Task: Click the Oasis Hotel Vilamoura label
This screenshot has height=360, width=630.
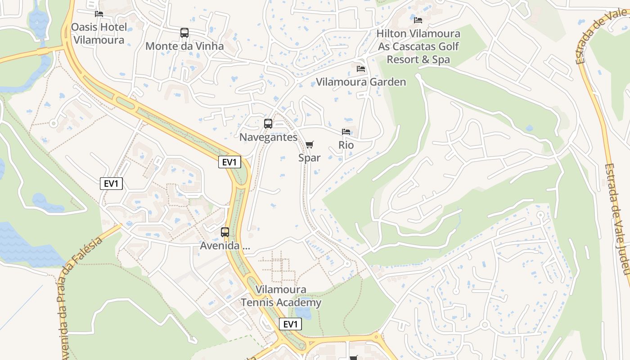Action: click(99, 33)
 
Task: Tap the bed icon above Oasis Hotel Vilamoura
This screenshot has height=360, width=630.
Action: click(99, 14)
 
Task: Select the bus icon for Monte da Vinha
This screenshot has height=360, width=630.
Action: click(184, 32)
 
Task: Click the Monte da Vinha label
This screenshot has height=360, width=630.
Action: click(184, 46)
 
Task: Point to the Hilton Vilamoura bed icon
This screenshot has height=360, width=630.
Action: click(418, 20)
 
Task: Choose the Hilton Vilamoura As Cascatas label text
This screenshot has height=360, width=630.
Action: click(418, 46)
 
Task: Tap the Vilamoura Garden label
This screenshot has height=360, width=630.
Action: click(361, 82)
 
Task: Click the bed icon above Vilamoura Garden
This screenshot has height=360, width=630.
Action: click(361, 69)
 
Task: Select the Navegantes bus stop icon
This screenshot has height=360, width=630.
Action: click(268, 124)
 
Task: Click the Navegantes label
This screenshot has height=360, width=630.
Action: click(268, 137)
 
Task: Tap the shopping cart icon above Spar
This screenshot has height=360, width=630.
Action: click(309, 144)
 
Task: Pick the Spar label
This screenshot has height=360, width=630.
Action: click(310, 157)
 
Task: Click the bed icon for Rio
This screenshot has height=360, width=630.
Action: click(346, 132)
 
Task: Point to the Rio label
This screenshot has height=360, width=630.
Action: click(346, 145)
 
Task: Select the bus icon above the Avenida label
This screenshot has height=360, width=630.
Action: click(225, 232)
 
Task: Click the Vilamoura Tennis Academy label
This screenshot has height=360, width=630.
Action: click(281, 296)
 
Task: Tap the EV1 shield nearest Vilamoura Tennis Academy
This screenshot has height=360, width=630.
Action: click(290, 324)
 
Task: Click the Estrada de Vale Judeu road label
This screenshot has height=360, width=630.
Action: click(617, 218)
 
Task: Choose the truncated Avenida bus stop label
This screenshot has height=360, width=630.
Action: click(225, 246)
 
